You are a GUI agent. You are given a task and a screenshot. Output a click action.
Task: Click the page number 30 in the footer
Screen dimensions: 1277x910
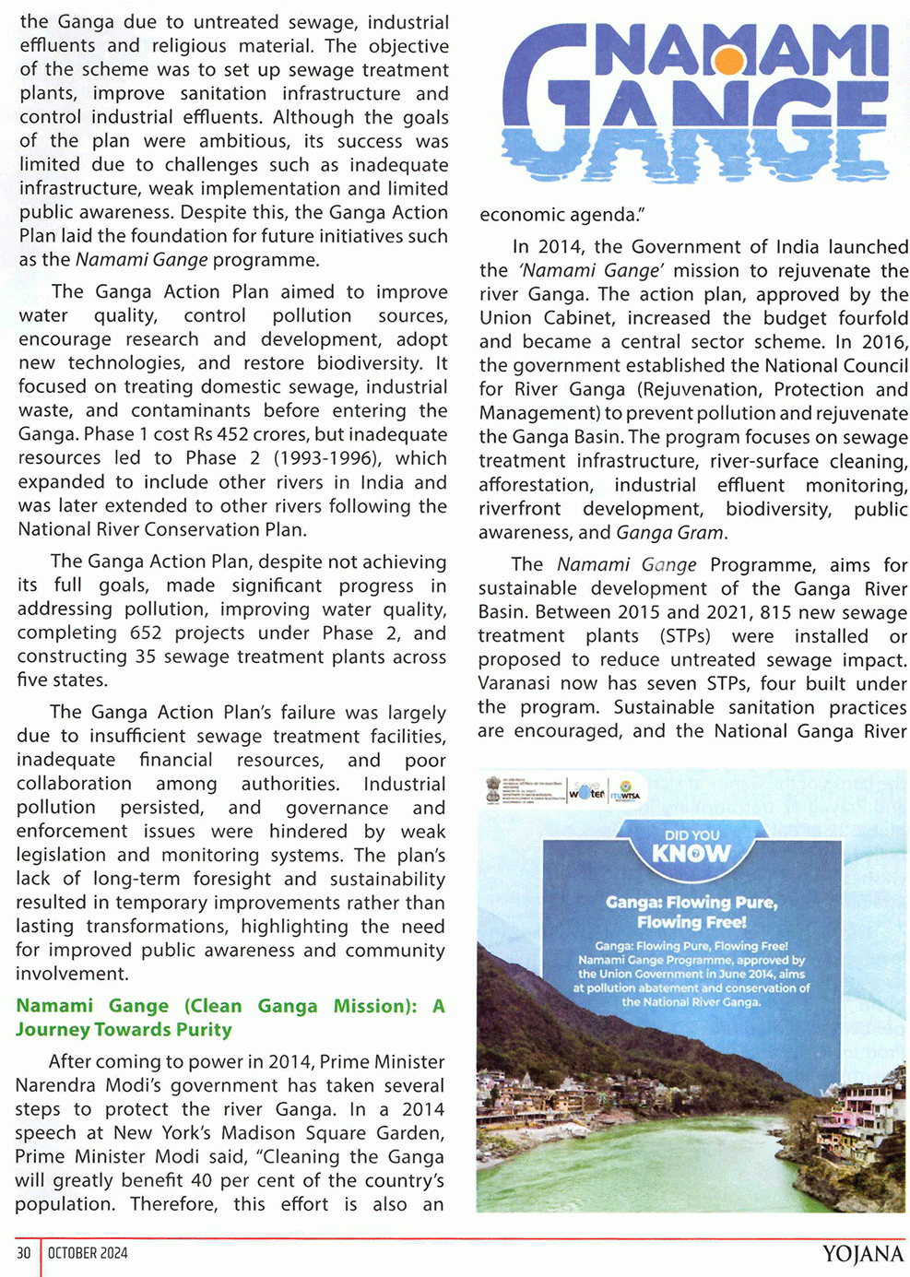pyautogui.click(x=23, y=1253)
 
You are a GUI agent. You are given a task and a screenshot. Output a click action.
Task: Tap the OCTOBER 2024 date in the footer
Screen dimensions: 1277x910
pyautogui.click(x=88, y=1253)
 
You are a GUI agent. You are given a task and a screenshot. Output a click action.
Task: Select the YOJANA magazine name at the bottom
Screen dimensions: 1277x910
pyautogui.click(x=862, y=1254)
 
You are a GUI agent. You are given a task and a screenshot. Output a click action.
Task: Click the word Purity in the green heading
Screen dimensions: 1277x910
pyautogui.click(x=204, y=1030)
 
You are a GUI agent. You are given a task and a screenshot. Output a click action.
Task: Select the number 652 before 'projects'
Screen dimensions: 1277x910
pyautogui.click(x=142, y=633)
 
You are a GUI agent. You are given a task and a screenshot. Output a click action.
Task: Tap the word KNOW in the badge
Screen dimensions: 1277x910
pyautogui.click(x=691, y=854)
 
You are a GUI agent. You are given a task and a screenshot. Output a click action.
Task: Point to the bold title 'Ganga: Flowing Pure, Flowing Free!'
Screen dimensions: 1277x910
pyautogui.click(x=691, y=912)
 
